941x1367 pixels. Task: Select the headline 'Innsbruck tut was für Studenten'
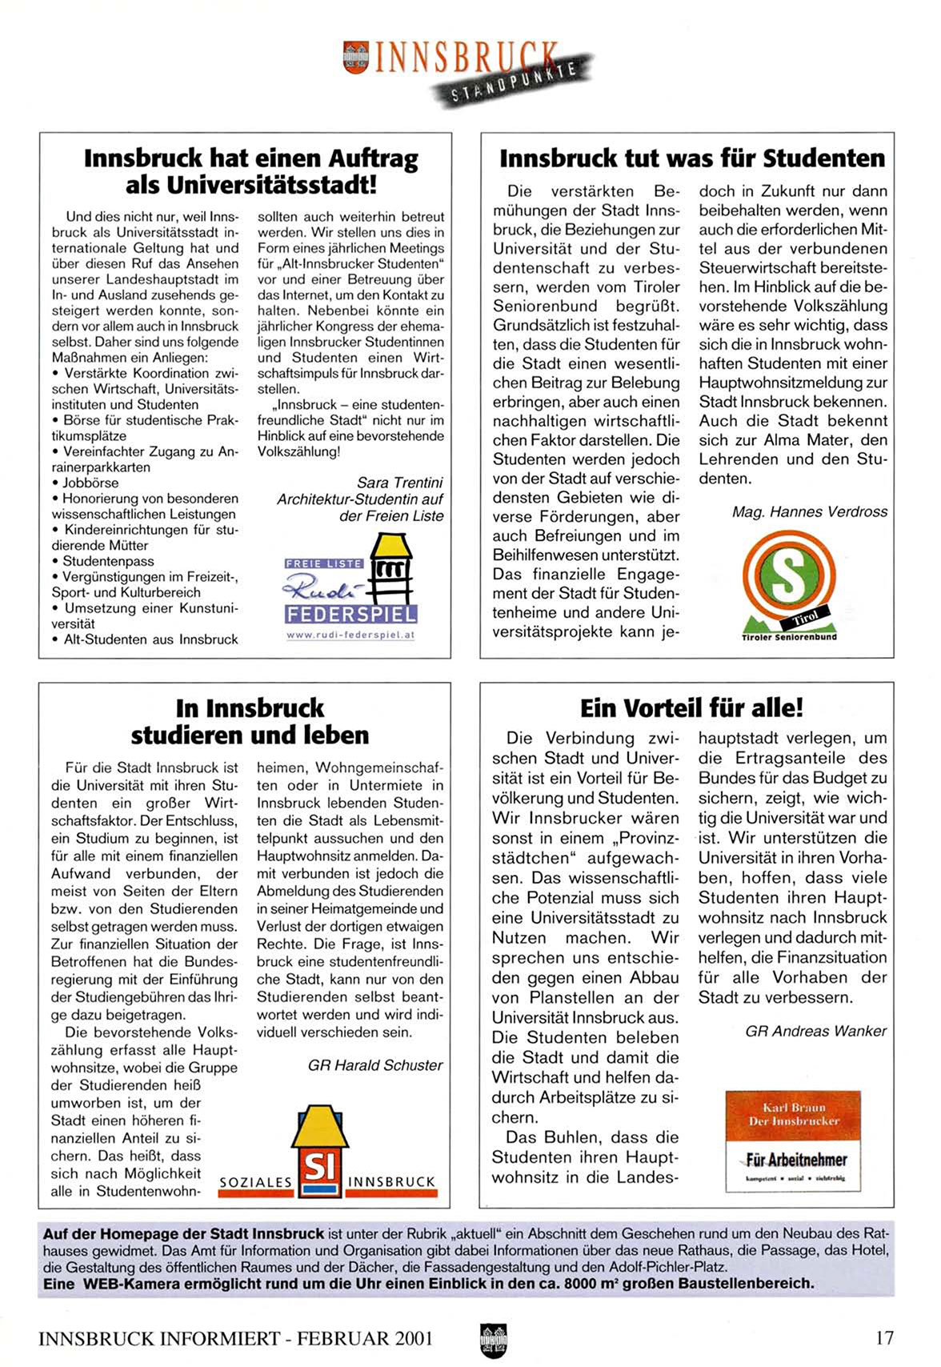(x=692, y=158)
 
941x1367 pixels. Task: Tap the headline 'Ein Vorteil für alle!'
(x=691, y=708)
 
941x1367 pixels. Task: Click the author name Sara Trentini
(x=399, y=483)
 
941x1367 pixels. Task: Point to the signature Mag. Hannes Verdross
(x=809, y=511)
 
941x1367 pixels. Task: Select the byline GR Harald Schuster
(x=374, y=1065)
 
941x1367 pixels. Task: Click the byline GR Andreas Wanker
(x=815, y=1031)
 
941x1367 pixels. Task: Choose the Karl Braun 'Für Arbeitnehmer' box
(x=792, y=1140)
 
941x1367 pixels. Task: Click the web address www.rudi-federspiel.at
(x=350, y=635)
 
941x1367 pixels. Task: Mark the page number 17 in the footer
(x=883, y=1337)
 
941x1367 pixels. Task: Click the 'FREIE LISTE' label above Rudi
(x=323, y=563)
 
